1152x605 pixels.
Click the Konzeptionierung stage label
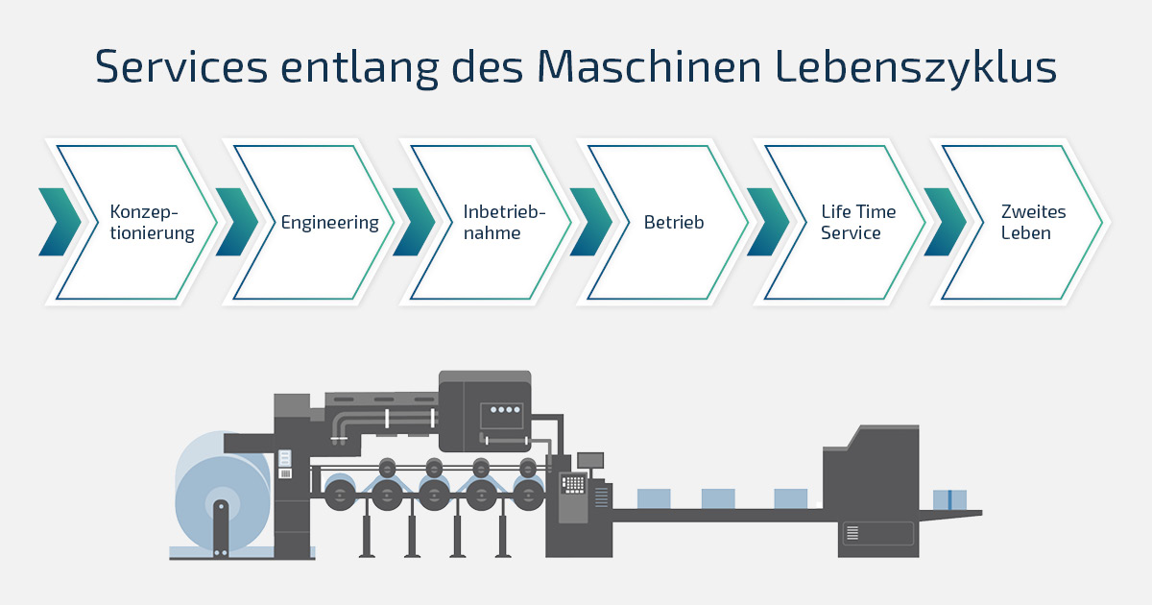(152, 222)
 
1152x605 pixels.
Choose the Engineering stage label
(330, 222)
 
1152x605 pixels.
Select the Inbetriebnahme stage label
(504, 222)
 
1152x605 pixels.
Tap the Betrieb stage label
(674, 222)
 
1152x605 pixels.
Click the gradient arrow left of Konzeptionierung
(60, 222)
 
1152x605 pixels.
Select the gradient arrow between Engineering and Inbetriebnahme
(414, 222)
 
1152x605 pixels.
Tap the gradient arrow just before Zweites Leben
(945, 222)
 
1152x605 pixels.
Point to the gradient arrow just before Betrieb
(590, 222)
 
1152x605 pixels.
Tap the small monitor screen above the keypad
(589, 459)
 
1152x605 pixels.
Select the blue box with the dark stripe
(949, 499)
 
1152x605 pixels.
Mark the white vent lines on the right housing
(852, 532)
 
